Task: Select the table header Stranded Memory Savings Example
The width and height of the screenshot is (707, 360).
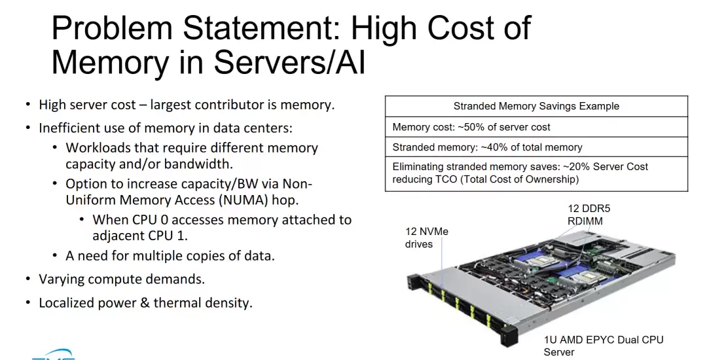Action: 536,106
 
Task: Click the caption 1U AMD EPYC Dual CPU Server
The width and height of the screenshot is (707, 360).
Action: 604,346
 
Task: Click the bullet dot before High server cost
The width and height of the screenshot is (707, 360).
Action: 28,105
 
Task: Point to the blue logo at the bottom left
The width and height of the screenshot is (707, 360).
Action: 53,355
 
